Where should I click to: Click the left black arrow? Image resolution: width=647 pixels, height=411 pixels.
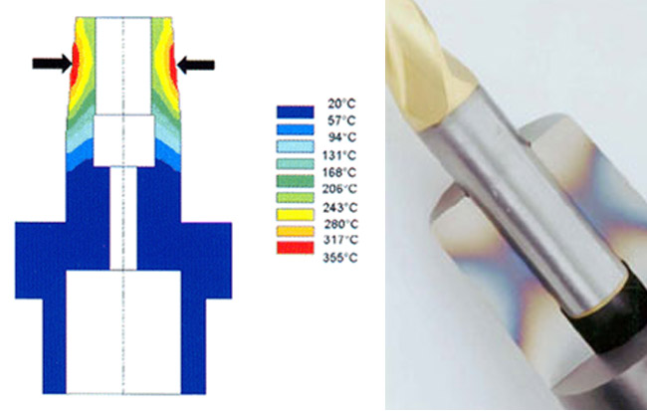tap(53, 64)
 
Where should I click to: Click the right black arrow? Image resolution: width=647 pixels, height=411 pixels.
tap(195, 65)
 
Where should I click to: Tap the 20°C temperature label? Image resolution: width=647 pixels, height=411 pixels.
tap(341, 103)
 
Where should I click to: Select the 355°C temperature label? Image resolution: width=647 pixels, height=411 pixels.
tap(340, 258)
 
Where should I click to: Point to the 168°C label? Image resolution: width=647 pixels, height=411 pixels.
tap(339, 172)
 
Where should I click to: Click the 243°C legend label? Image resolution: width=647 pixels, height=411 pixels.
tap(340, 207)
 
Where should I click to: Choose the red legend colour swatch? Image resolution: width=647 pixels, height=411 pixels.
tap(295, 247)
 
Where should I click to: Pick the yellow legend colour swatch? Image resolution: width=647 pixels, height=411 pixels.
tap(295, 215)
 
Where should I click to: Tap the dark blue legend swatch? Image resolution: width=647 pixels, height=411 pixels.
tap(295, 111)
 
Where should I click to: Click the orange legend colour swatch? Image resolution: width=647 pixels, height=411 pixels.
tap(295, 231)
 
